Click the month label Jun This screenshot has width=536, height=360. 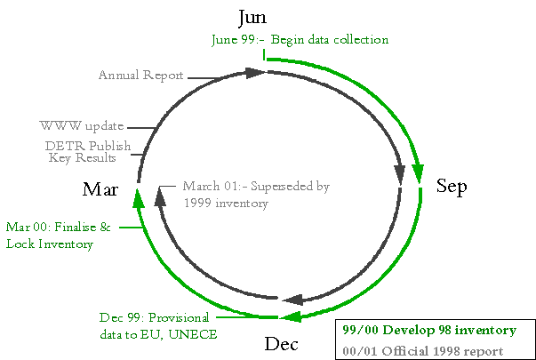pos(252,18)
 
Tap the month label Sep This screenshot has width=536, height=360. pos(452,187)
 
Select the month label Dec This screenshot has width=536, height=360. pos(281,344)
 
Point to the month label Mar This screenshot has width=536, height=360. pos(100,189)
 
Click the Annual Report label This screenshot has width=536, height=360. pos(140,76)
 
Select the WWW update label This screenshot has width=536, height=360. pos(82,126)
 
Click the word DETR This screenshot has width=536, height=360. pos(65,146)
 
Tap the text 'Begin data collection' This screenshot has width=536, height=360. pos(330,40)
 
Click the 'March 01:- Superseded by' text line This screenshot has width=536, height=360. pos(256,187)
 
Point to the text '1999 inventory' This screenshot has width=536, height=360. pos(226,204)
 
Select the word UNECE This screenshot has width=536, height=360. pos(193,334)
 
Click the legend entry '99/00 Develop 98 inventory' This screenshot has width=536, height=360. pos(429,331)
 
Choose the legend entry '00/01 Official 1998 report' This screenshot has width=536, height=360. pos(423,351)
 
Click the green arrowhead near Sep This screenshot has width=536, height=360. pos(418,172)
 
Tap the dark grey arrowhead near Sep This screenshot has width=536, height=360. pos(400,173)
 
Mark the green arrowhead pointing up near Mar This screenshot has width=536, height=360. pos(138,199)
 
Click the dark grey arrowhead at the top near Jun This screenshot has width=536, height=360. pos(255,73)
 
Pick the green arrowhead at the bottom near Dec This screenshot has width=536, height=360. pos(291,316)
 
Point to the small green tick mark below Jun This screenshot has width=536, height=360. pos(264,55)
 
